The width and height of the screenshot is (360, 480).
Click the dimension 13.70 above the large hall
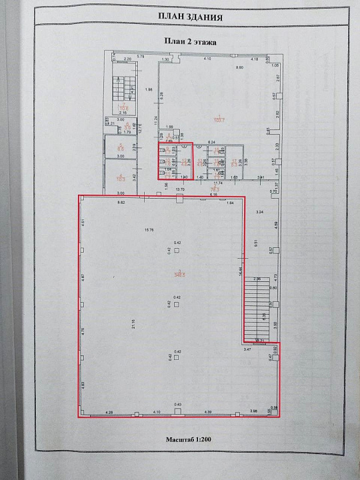point(179,190)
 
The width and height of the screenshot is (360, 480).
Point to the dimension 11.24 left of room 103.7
point(156,120)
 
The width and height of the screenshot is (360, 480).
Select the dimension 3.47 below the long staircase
point(247,349)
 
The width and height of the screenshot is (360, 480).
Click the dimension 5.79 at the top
point(141,57)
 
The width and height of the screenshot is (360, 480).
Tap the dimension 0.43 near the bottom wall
point(178,405)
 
